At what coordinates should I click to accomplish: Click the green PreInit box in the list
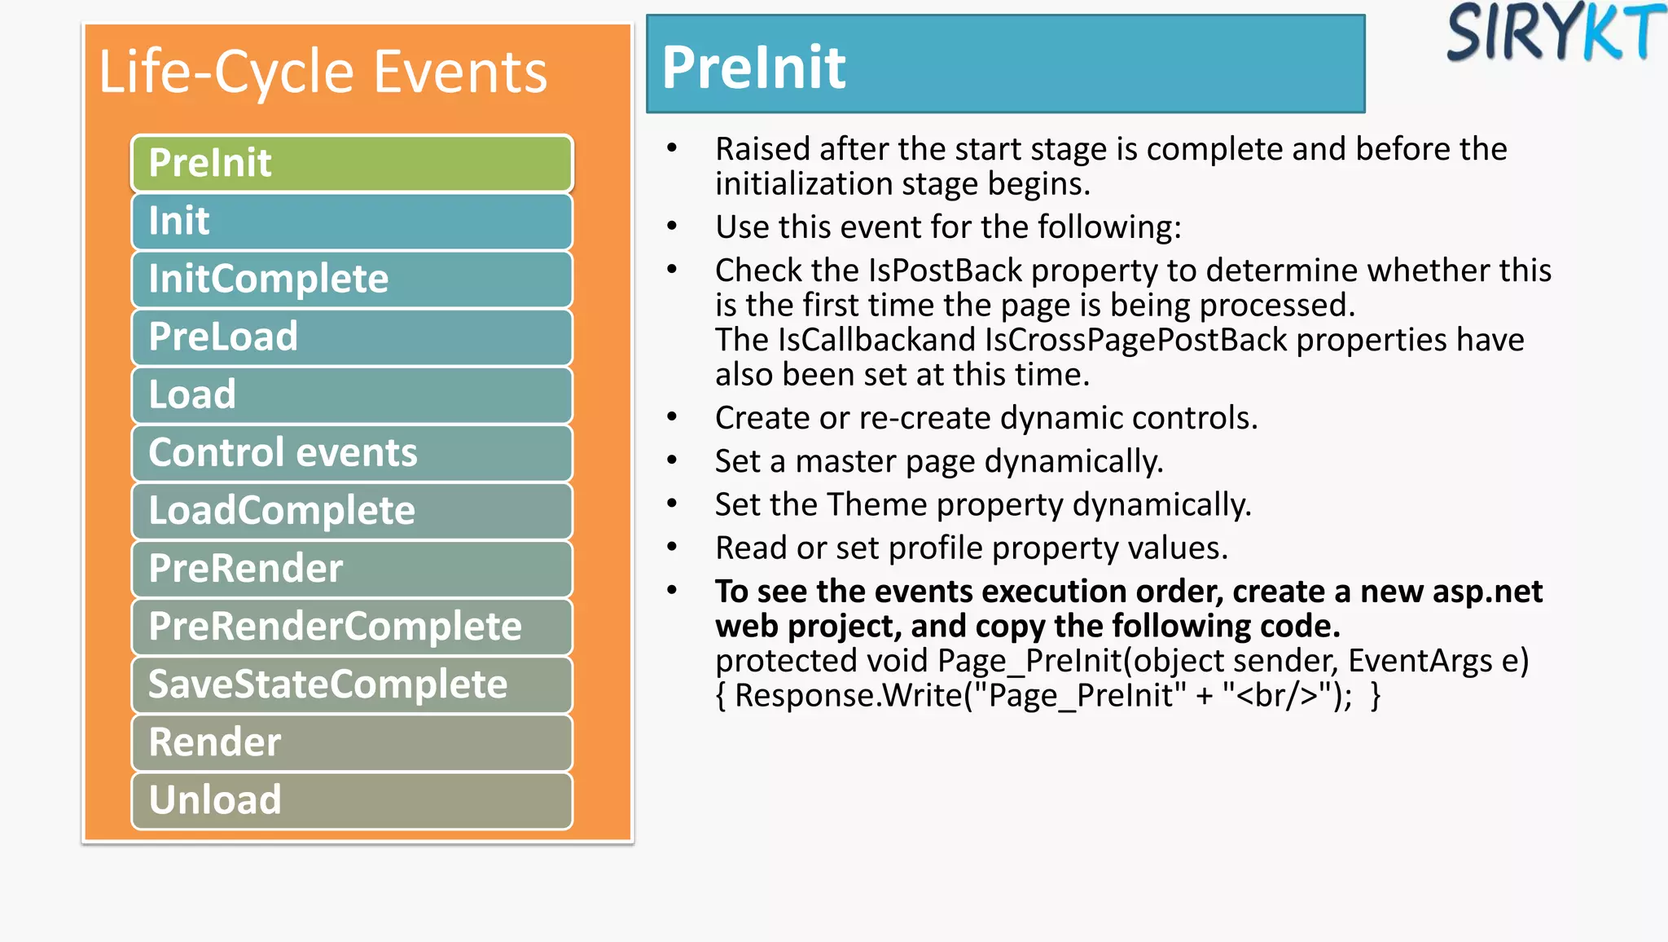[x=352, y=163]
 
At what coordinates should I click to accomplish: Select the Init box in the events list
[x=352, y=221]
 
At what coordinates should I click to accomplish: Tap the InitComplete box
[x=352, y=279]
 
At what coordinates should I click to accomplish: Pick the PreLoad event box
[x=352, y=337]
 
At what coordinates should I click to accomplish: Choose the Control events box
[x=352, y=452]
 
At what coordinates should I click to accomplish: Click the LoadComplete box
[x=352, y=510]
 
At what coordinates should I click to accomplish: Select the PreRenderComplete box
[x=352, y=626]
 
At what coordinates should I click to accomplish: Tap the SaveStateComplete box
[x=352, y=684]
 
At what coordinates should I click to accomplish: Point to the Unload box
[x=352, y=799]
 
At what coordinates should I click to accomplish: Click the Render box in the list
[x=352, y=742]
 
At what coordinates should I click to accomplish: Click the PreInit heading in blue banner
[x=753, y=67]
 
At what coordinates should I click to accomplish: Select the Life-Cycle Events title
[x=323, y=72]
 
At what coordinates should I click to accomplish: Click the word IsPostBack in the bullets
[x=945, y=271]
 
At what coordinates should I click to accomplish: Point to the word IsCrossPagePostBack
[x=1135, y=340]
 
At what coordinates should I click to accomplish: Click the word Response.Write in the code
[x=848, y=696]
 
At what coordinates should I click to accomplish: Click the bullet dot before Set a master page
[x=672, y=461]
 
